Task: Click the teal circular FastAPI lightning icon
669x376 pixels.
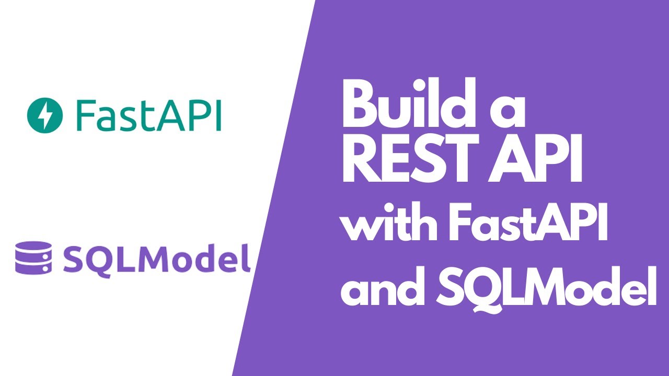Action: click(44, 115)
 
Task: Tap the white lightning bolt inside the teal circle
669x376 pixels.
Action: click(44, 115)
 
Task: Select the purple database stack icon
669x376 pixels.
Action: click(33, 257)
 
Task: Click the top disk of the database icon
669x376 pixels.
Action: click(33, 246)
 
